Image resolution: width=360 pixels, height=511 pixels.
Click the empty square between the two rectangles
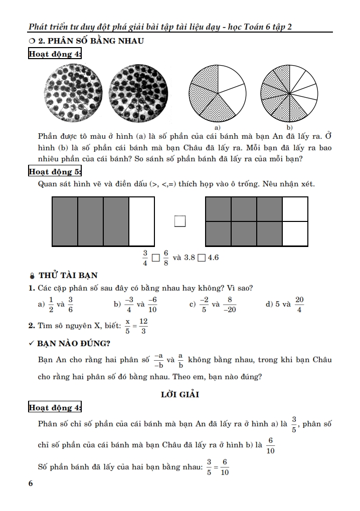180,221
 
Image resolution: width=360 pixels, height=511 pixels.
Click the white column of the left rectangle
141,221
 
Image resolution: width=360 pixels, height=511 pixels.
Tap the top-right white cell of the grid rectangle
295,209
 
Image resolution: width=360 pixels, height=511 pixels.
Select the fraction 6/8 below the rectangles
166,259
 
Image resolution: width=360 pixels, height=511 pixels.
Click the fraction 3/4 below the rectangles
145,259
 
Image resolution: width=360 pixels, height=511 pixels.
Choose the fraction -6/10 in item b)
152,304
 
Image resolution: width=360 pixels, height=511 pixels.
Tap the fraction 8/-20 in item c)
229,304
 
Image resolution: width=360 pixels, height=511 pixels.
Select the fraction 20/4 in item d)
299,304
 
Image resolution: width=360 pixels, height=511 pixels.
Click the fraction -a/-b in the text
158,360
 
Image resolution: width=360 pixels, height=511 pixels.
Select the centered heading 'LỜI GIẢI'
180,394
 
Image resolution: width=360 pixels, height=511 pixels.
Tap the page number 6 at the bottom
31,483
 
